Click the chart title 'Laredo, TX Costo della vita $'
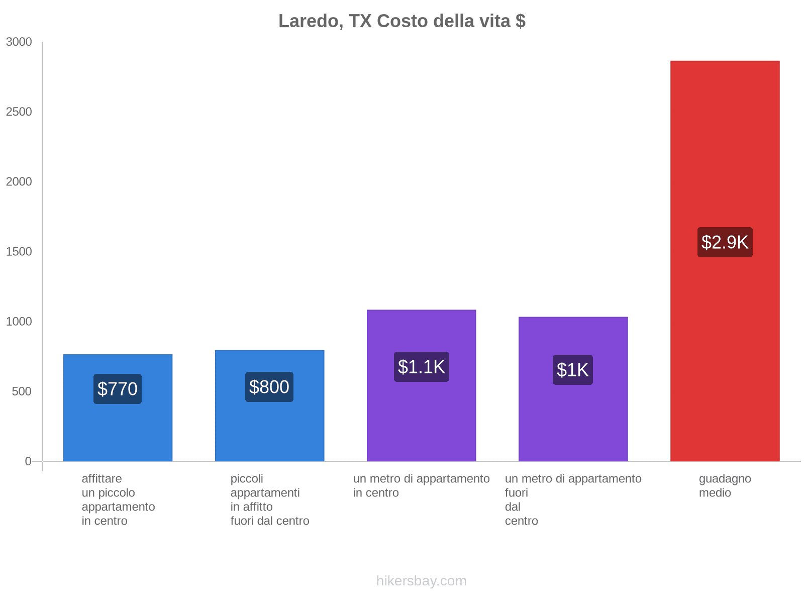click(x=402, y=21)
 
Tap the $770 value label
click(x=118, y=389)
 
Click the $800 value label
click(x=269, y=387)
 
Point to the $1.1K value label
click(x=421, y=367)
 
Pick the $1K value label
click(x=573, y=370)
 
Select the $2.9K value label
click(x=725, y=242)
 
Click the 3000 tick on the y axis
click(x=19, y=42)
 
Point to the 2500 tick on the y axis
click(x=19, y=112)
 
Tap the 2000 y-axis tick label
click(x=19, y=182)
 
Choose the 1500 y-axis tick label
click(x=19, y=252)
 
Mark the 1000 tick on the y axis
click(x=19, y=322)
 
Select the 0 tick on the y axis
click(x=28, y=461)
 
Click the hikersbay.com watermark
click(x=421, y=581)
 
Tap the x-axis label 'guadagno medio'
click(x=725, y=485)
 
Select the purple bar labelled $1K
click(x=573, y=422)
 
